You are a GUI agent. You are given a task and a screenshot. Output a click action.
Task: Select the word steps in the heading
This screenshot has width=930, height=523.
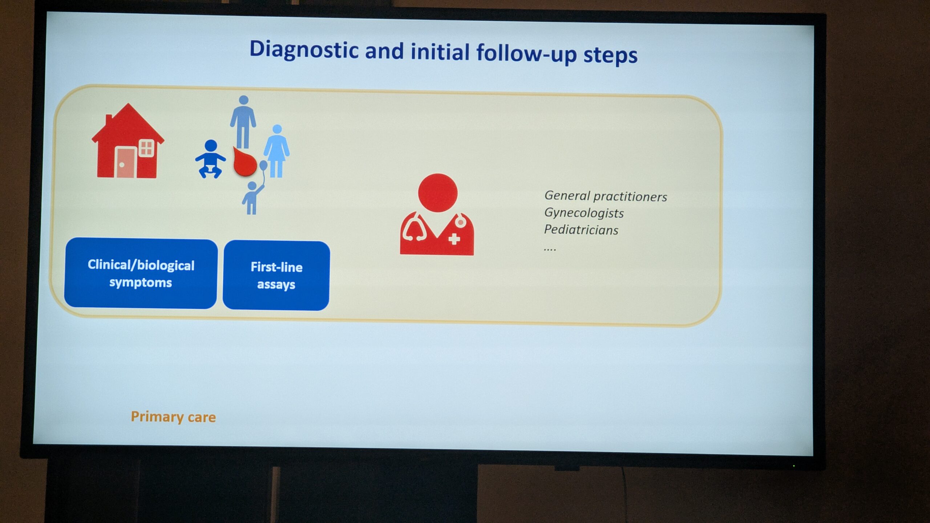pyautogui.click(x=610, y=55)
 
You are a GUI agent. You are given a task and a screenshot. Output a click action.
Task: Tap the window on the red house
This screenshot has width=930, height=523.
pyautogui.click(x=146, y=148)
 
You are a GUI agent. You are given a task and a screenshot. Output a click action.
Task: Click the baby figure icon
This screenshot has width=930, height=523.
pyautogui.click(x=210, y=159)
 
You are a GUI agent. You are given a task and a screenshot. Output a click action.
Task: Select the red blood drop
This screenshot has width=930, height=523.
pyautogui.click(x=244, y=162)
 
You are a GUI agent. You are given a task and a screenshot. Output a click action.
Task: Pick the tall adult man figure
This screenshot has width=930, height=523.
pyautogui.click(x=243, y=122)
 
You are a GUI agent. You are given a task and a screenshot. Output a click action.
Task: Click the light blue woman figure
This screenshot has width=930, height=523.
pyautogui.click(x=277, y=151)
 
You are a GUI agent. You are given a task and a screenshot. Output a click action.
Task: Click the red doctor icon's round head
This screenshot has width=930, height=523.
pyautogui.click(x=438, y=193)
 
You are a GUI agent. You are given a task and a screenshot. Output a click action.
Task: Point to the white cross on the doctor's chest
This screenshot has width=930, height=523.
pyautogui.click(x=454, y=239)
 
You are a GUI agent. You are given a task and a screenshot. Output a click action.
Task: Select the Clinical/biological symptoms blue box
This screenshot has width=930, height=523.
pyautogui.click(x=141, y=273)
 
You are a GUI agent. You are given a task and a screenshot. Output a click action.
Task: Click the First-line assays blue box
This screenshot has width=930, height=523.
pyautogui.click(x=276, y=275)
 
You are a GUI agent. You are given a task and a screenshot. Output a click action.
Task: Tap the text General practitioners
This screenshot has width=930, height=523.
pyautogui.click(x=606, y=196)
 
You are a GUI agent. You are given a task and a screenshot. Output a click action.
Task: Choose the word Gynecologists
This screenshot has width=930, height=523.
pyautogui.click(x=584, y=213)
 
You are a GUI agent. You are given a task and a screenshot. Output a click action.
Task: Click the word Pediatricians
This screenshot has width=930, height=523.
pyautogui.click(x=581, y=230)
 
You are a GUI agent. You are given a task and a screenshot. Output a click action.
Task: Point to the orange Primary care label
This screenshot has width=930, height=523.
pyautogui.click(x=173, y=417)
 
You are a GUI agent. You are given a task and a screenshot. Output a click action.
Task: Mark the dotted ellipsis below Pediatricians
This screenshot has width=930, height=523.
pyautogui.click(x=550, y=249)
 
